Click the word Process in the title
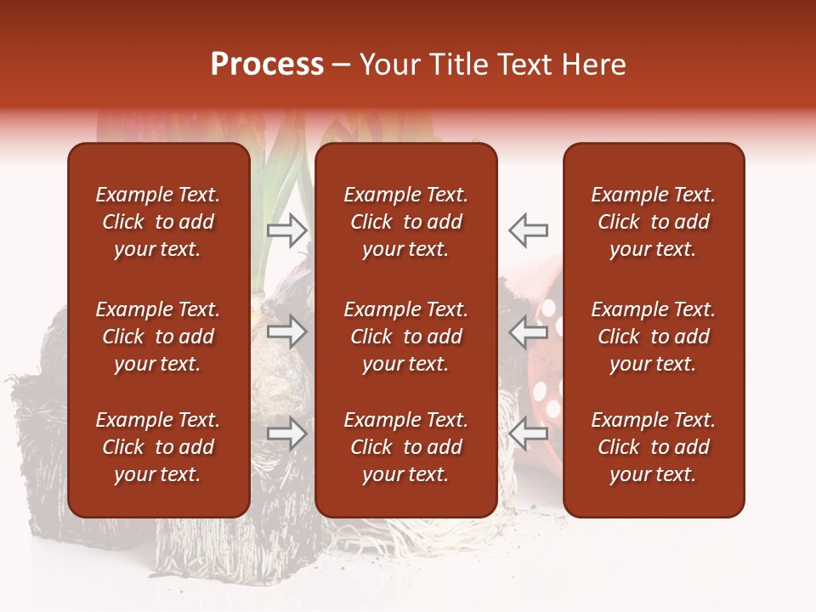(267, 65)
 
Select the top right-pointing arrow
(287, 229)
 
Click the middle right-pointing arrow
(287, 332)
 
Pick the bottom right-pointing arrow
(287, 434)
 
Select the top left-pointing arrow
(528, 229)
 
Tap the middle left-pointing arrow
(528, 332)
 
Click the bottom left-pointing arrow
(528, 434)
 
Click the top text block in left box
(158, 222)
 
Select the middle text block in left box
(158, 337)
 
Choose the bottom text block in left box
(158, 447)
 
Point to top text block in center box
(405, 222)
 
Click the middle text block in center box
(405, 337)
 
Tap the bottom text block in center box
(405, 447)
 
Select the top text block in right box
(653, 222)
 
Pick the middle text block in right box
(653, 337)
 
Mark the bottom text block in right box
(653, 447)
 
